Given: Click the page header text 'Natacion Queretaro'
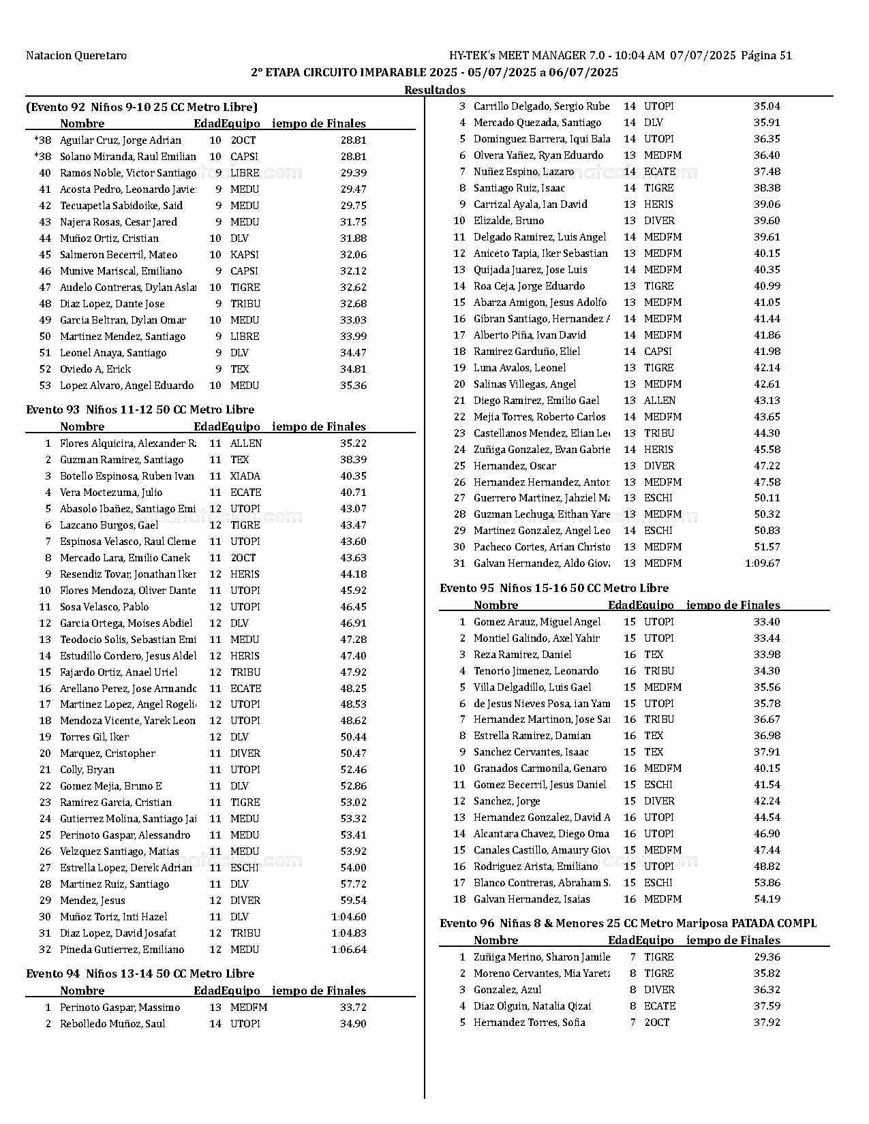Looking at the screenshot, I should tap(76, 55).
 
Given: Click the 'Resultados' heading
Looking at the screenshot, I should tap(435, 90).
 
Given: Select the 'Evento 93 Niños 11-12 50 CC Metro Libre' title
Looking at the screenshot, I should tap(140, 409).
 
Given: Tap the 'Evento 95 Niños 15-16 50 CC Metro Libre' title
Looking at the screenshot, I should tap(554, 588).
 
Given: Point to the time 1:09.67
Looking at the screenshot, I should tap(763, 563).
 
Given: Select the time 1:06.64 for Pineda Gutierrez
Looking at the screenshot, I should tap(349, 950).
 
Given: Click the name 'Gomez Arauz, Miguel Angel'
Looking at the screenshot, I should tap(537, 622).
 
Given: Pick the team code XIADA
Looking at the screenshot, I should tap(245, 476).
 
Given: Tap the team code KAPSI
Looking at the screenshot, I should tap(245, 255).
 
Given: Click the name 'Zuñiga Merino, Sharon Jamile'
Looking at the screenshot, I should tap(542, 957).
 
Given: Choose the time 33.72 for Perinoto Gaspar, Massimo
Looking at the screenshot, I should tap(353, 1008).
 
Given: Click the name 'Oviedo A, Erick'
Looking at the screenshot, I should tap(95, 369).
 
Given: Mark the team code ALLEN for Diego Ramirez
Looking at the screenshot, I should tap(660, 401).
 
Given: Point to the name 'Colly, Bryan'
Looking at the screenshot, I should tap(87, 770).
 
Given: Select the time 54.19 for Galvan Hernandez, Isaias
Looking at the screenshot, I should tap(767, 899).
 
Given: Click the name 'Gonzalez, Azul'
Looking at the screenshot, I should tap(508, 990).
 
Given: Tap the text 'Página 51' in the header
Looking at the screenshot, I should tap(766, 55).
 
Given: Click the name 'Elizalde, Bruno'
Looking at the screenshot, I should tap(508, 221).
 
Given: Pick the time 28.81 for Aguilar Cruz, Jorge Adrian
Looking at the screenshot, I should tap(353, 140).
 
